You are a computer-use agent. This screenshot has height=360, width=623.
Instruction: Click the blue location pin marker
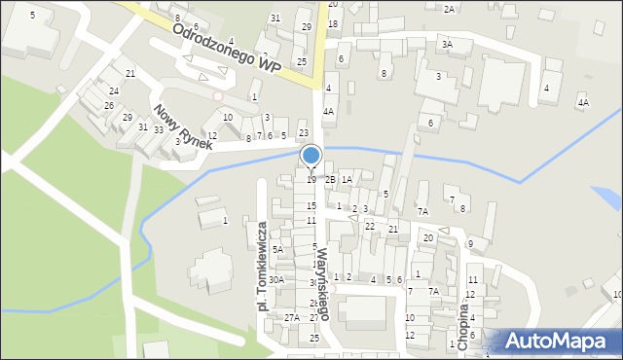[311, 157]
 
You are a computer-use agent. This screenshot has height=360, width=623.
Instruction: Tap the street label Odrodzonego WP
[227, 46]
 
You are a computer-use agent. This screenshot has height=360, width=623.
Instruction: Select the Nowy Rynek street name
[181, 126]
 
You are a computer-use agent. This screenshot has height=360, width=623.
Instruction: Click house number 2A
[449, 9]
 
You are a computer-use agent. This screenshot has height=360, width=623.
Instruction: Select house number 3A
[447, 44]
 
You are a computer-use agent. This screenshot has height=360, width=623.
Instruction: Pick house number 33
[158, 130]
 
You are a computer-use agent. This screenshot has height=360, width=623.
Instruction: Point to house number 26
[110, 105]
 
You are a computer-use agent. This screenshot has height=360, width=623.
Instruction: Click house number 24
[114, 90]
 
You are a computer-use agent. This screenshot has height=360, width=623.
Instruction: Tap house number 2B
[330, 179]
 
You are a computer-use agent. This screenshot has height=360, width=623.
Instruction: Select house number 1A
[347, 179]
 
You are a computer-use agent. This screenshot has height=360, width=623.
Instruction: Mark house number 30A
[276, 280]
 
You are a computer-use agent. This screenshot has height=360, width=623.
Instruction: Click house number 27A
[291, 317]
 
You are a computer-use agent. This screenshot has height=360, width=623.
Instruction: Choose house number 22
[370, 226]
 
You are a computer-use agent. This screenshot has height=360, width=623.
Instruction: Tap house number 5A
[277, 250]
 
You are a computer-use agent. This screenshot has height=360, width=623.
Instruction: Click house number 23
[303, 133]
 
